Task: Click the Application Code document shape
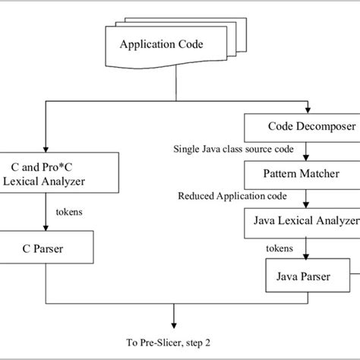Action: point(162,45)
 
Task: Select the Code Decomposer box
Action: point(301,126)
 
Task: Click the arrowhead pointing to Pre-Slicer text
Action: point(175,324)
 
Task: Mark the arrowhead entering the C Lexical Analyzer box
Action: point(47,149)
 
